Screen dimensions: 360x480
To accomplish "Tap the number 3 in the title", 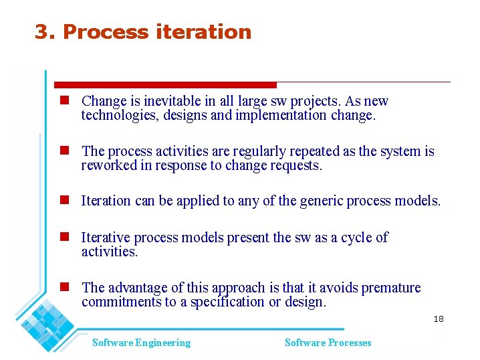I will pos(42,32).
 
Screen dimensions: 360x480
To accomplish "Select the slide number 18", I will pos(439,319).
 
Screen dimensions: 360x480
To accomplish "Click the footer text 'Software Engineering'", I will pos(141,343).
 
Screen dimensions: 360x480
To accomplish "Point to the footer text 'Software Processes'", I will pos(328,343).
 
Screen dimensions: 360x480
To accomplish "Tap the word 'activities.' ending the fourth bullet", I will pos(109,252).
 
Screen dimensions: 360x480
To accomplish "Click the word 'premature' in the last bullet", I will pos(391,288).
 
